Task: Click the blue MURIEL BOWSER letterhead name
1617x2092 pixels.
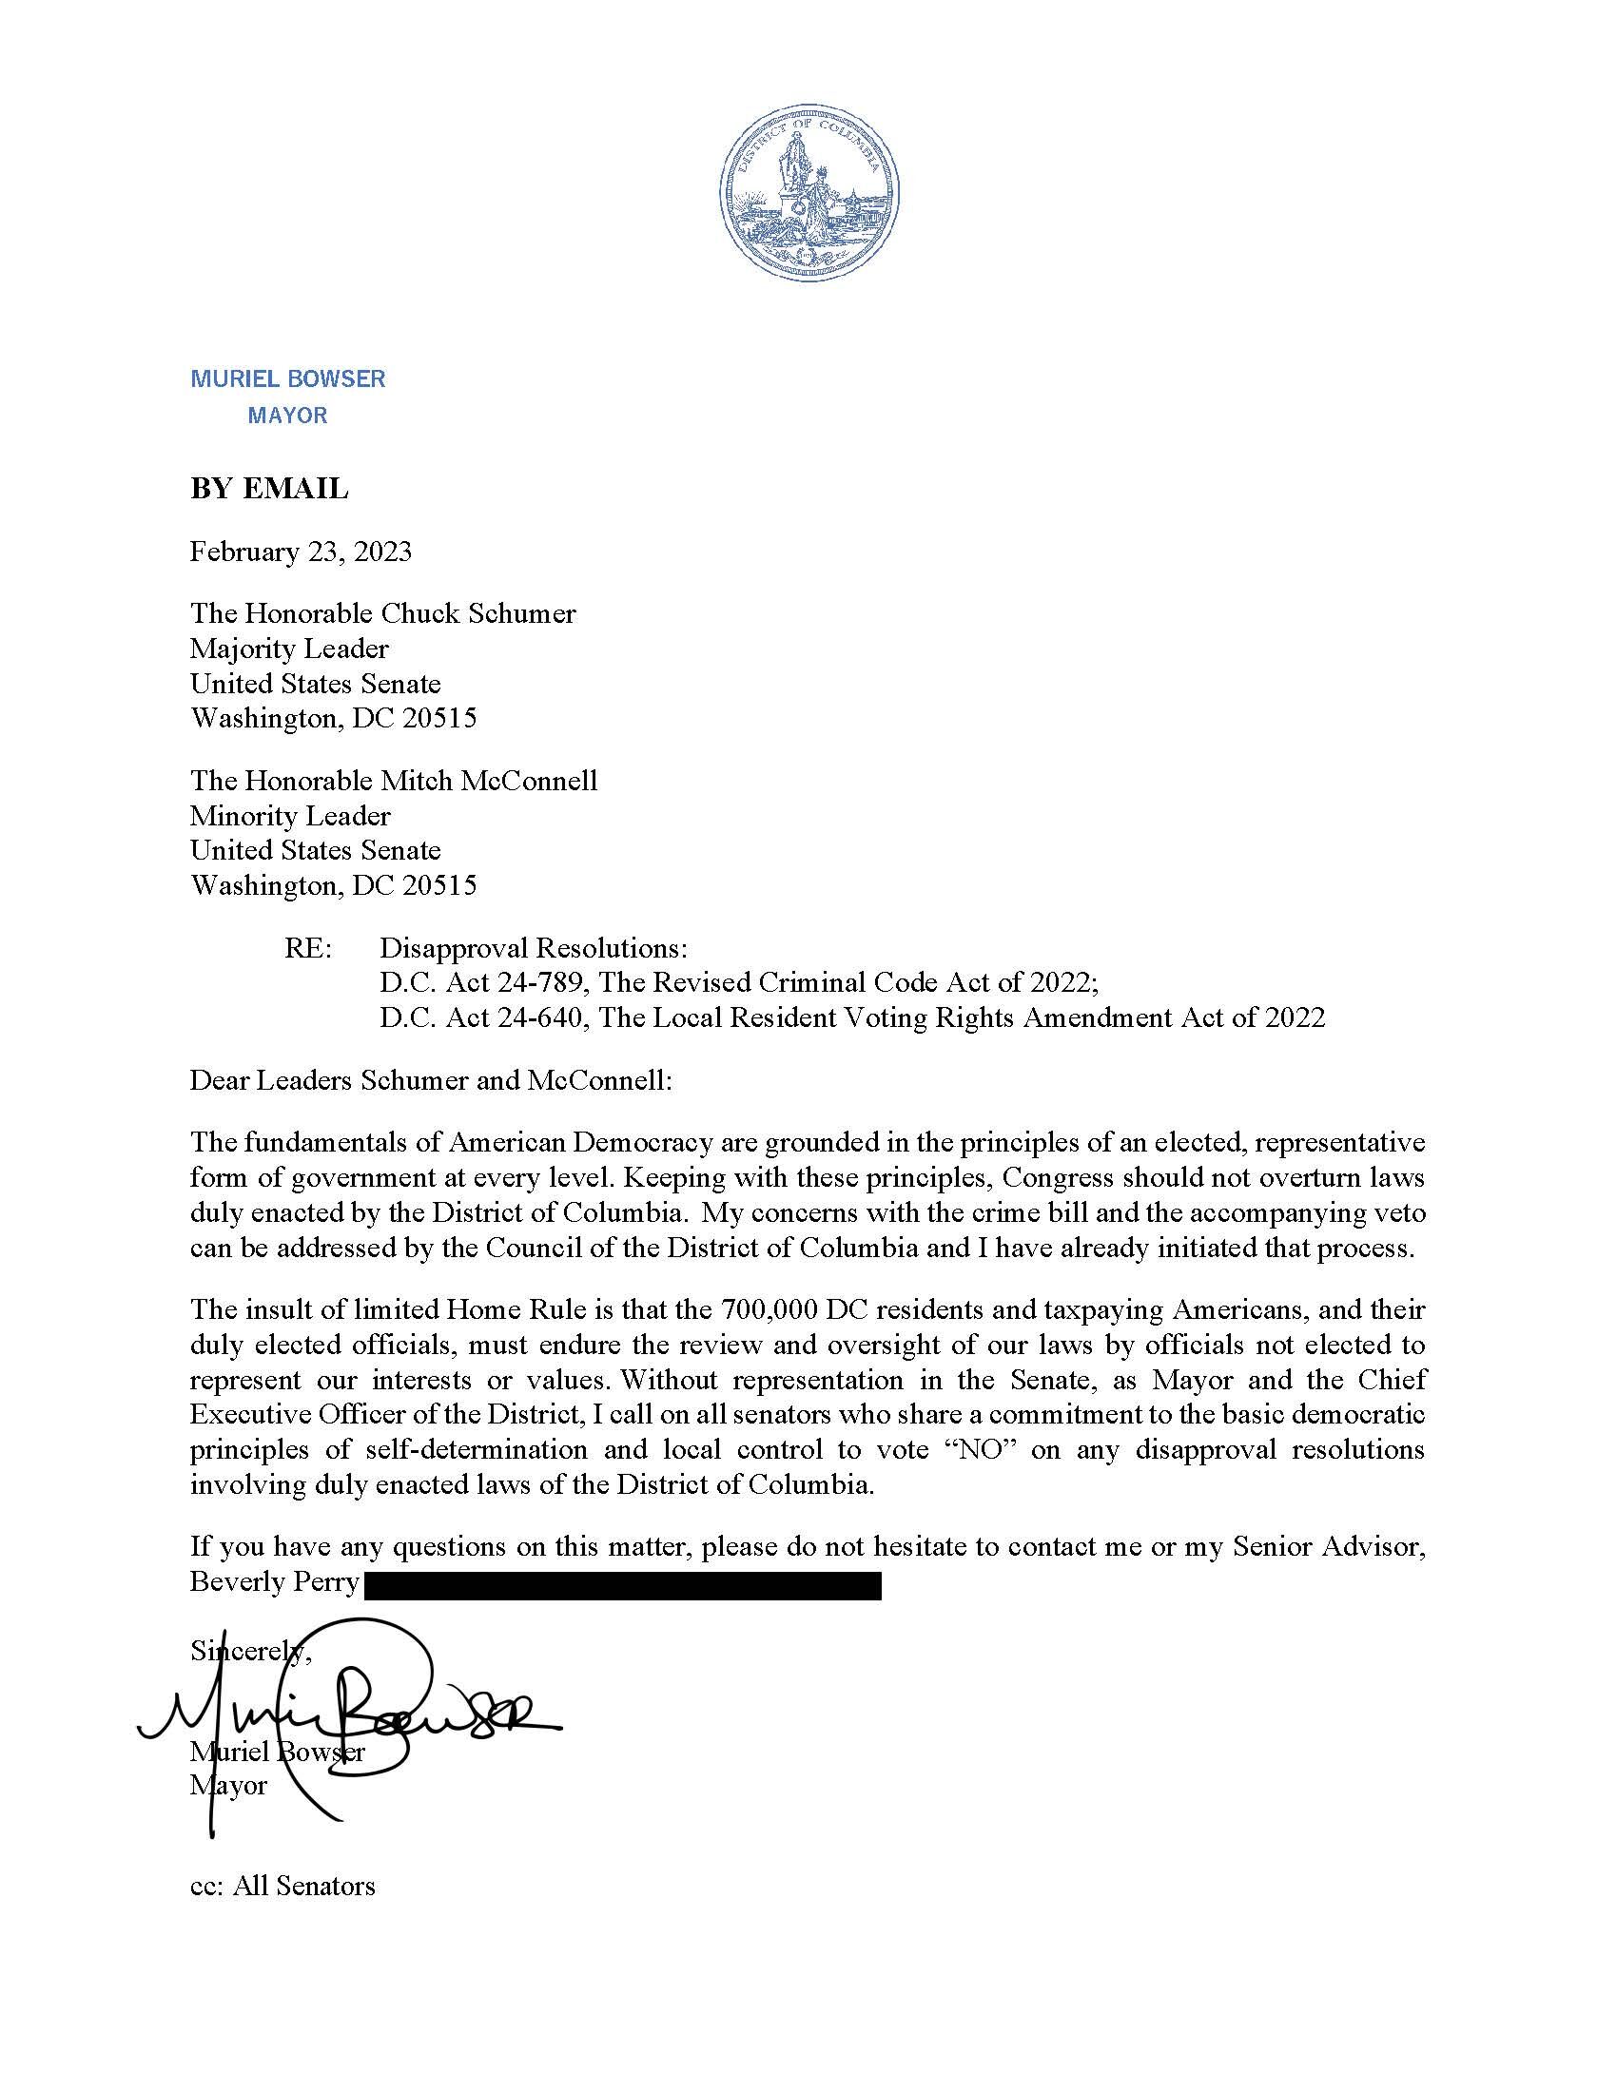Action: coord(287,378)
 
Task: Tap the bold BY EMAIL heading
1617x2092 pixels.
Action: coord(269,489)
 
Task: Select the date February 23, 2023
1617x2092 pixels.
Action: coord(301,552)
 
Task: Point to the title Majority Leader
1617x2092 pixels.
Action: coord(289,649)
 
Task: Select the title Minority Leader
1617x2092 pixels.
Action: coord(290,816)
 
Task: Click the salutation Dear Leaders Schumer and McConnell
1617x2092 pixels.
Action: coord(431,1080)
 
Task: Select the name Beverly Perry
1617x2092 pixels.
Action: coord(274,1581)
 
